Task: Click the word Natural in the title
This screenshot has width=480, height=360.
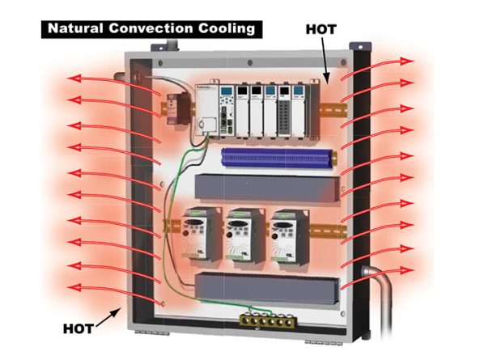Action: (x=75, y=28)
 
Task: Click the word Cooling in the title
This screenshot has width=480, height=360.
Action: (x=227, y=29)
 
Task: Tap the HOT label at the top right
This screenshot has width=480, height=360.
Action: (x=321, y=29)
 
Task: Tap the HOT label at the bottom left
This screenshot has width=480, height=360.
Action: (x=79, y=328)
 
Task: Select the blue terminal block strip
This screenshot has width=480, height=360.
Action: (x=278, y=158)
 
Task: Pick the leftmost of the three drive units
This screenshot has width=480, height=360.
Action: (x=202, y=235)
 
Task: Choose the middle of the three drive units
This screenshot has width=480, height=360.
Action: (x=245, y=235)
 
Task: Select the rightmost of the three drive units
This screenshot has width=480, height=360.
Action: (x=289, y=237)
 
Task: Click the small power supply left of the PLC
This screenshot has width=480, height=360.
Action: (x=178, y=108)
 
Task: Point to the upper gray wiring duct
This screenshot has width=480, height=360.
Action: (x=268, y=188)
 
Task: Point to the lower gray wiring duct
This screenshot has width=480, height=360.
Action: (x=267, y=289)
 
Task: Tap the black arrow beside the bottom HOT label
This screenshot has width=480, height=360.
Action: (x=108, y=316)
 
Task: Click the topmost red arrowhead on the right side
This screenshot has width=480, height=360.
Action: (x=406, y=61)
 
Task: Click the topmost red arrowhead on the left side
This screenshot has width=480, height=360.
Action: (x=74, y=78)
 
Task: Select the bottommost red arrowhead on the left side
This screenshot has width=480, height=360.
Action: (x=74, y=287)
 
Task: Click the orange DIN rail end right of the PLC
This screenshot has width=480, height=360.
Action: (x=333, y=108)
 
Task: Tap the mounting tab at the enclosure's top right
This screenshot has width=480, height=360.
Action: (x=360, y=46)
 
